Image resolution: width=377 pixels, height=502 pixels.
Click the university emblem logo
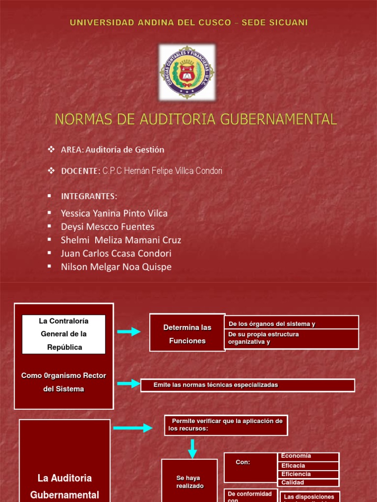(187, 72)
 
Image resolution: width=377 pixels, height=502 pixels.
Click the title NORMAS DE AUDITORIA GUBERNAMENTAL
(196, 119)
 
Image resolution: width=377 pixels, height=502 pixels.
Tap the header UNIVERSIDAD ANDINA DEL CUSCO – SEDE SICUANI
(189, 23)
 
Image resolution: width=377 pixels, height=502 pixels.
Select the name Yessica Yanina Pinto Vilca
(114, 213)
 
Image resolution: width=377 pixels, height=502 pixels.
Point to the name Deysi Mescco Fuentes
(108, 226)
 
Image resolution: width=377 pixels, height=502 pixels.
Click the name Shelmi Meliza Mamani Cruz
(121, 240)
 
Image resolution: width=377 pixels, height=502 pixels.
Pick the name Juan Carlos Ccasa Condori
(116, 253)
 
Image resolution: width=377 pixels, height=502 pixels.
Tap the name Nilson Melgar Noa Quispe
(116, 267)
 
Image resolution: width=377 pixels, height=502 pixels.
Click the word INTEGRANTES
(89, 196)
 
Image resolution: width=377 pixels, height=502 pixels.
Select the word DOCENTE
(81, 171)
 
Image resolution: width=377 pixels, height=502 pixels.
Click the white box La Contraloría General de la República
(64, 334)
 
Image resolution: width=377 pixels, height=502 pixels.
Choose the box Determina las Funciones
(187, 334)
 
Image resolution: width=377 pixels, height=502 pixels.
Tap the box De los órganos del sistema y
(292, 324)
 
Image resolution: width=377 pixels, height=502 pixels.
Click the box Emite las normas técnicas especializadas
(247, 385)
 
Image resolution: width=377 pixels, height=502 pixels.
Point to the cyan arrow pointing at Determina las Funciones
(129, 332)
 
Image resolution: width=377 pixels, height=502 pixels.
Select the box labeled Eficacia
(308, 466)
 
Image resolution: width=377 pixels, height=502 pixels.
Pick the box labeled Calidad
(308, 482)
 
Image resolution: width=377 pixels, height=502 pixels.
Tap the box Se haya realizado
(189, 481)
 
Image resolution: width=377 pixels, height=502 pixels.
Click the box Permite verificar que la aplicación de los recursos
(226, 425)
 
